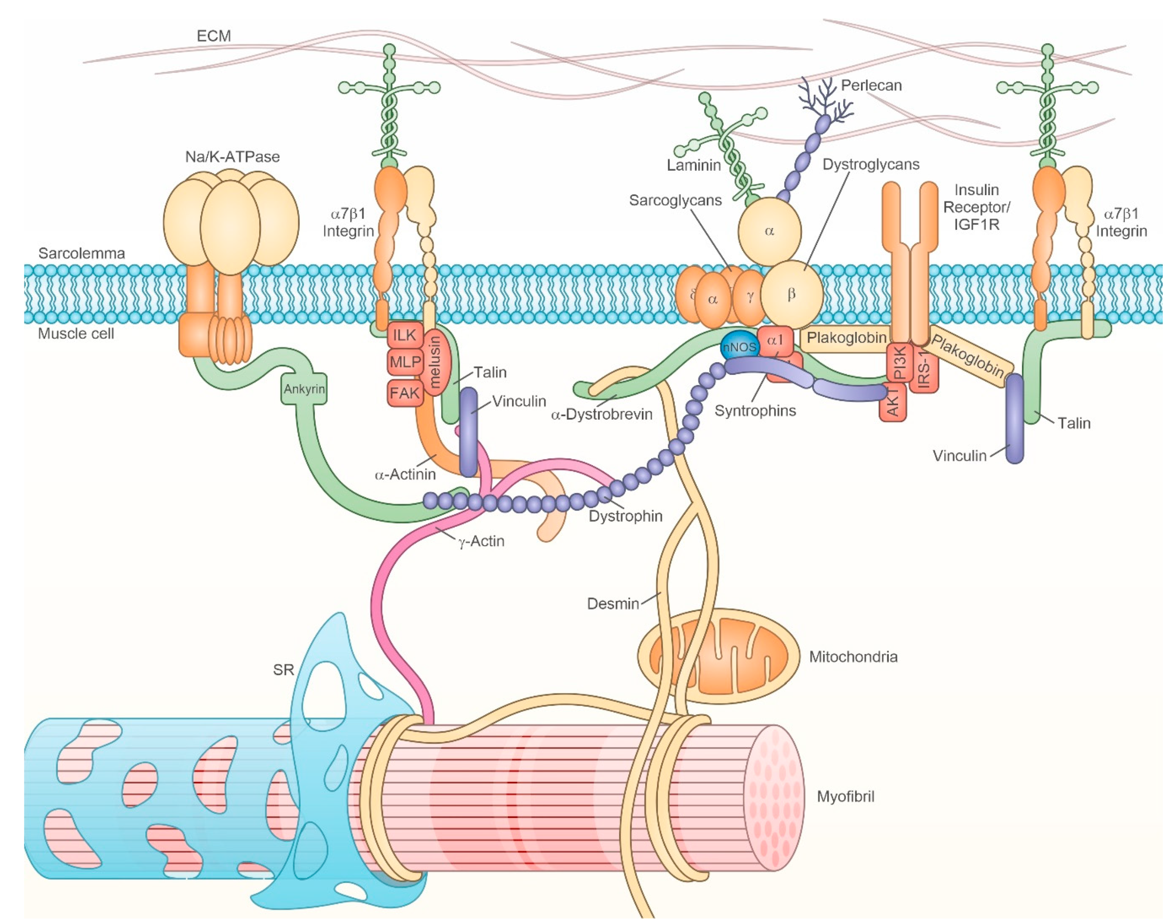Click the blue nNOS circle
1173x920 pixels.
coord(739,347)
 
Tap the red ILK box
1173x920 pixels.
coord(404,336)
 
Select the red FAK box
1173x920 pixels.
coord(404,393)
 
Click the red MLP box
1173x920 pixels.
coord(405,362)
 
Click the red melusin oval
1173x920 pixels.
coord(435,360)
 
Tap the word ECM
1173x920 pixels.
coord(214,36)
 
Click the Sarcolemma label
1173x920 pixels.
coord(81,253)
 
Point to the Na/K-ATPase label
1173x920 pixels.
coord(232,157)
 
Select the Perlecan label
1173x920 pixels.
coord(871,85)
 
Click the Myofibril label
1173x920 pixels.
coord(845,796)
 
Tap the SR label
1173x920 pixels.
coord(283,670)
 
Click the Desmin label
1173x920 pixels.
coord(613,603)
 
